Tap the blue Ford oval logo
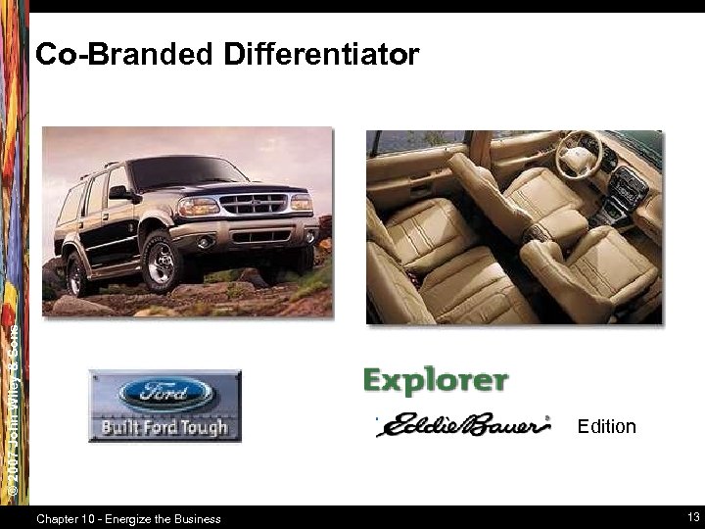click(x=164, y=395)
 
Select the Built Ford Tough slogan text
click(x=164, y=427)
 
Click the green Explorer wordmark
click(x=435, y=379)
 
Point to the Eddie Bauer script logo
click(x=463, y=426)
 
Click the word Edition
click(x=606, y=426)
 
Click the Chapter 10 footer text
click(x=127, y=518)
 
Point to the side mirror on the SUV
click(x=121, y=193)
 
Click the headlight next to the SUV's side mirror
click(x=198, y=207)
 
